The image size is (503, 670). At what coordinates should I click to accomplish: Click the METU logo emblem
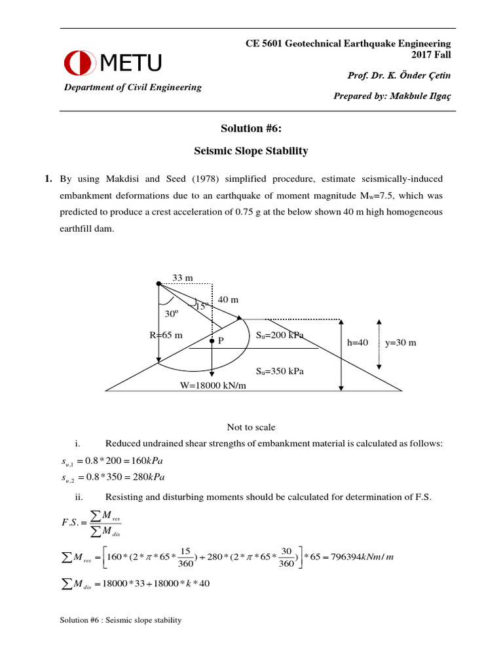click(x=80, y=63)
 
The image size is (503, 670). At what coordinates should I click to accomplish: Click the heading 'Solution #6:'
click(x=251, y=130)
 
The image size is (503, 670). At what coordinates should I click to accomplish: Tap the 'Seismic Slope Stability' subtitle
click(x=251, y=151)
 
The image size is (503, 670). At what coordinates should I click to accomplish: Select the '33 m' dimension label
click(x=182, y=278)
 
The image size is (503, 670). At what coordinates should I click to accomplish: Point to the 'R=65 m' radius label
click(x=166, y=336)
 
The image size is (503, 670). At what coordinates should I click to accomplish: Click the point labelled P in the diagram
click(x=212, y=341)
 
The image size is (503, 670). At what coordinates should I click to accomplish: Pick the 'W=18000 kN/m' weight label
click(x=214, y=385)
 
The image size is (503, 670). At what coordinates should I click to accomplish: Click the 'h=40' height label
click(x=358, y=342)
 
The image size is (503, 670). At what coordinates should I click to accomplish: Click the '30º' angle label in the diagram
click(x=172, y=313)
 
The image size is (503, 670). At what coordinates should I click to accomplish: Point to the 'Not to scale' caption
click(x=251, y=427)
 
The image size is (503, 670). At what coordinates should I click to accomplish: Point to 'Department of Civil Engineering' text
click(x=132, y=88)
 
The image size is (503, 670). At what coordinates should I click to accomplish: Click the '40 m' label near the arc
click(x=228, y=300)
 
